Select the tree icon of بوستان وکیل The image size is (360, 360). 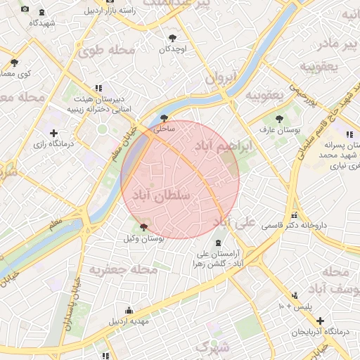[144, 227]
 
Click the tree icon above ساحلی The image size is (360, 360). [165, 118]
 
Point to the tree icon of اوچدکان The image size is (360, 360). [173, 38]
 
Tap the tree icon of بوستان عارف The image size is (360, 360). [280, 119]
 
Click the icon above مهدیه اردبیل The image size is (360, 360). [129, 310]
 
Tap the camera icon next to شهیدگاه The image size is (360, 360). [25, 9]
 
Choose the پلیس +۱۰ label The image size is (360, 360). [295, 307]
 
